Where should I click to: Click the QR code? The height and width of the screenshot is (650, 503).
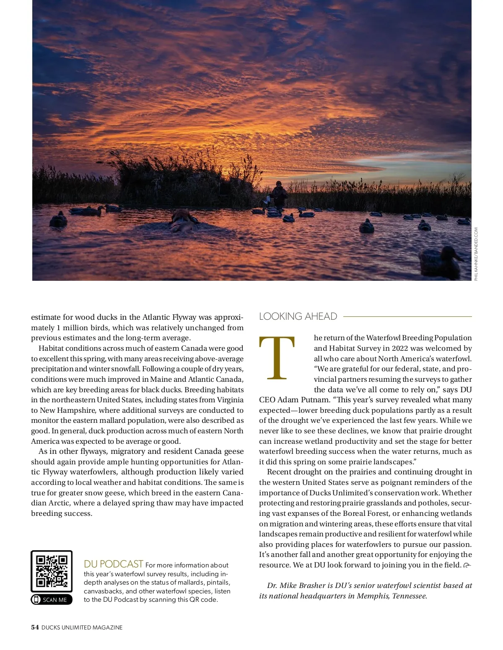pos(52,571)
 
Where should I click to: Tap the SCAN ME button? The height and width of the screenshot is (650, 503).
pos(52,600)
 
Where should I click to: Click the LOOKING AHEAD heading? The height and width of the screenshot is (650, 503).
pos(298,316)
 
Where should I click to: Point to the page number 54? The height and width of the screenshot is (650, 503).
pos(35,627)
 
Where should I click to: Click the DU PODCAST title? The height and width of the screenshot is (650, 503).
pos(113,564)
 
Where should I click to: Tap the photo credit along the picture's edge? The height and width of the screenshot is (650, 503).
pos(476,254)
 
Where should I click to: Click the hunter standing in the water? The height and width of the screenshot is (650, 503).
pos(278,194)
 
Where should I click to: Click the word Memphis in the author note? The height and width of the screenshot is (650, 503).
pos(373,596)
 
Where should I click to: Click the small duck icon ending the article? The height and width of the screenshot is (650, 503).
pos(467,565)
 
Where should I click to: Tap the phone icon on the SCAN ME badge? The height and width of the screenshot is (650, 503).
pos(36,600)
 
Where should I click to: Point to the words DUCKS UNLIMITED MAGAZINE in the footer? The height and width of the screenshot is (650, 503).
pos(82,627)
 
